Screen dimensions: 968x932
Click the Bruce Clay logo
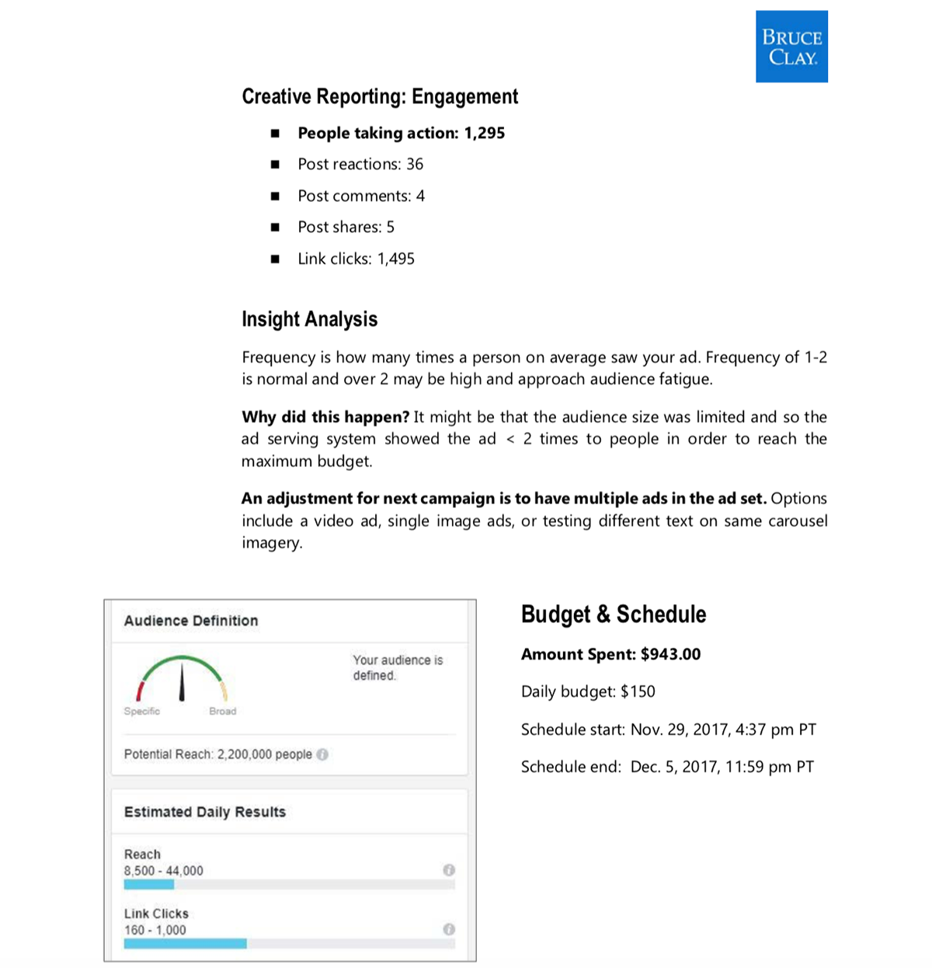click(791, 47)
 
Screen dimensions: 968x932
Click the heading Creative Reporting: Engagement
click(380, 97)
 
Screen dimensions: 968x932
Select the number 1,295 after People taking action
click(485, 133)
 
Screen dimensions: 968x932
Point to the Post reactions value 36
click(415, 164)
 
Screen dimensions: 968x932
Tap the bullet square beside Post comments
click(275, 196)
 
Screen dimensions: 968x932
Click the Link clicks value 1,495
click(396, 259)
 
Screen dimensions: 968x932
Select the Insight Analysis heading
click(309, 319)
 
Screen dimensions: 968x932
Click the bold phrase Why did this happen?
click(325, 417)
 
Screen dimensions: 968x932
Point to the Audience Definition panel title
click(191, 621)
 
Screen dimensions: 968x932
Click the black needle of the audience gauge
click(182, 681)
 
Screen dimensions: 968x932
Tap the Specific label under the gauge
click(142, 711)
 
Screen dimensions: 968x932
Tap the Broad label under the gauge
click(223, 711)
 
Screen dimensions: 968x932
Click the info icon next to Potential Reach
click(323, 754)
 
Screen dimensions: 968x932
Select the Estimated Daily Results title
click(205, 812)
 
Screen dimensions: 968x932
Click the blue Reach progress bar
click(149, 884)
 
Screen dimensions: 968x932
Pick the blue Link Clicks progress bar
click(185, 943)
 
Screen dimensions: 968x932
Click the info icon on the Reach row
click(449, 870)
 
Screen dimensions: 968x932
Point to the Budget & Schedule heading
click(614, 615)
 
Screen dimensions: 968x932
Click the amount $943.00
click(670, 654)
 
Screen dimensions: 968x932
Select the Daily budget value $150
click(638, 691)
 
